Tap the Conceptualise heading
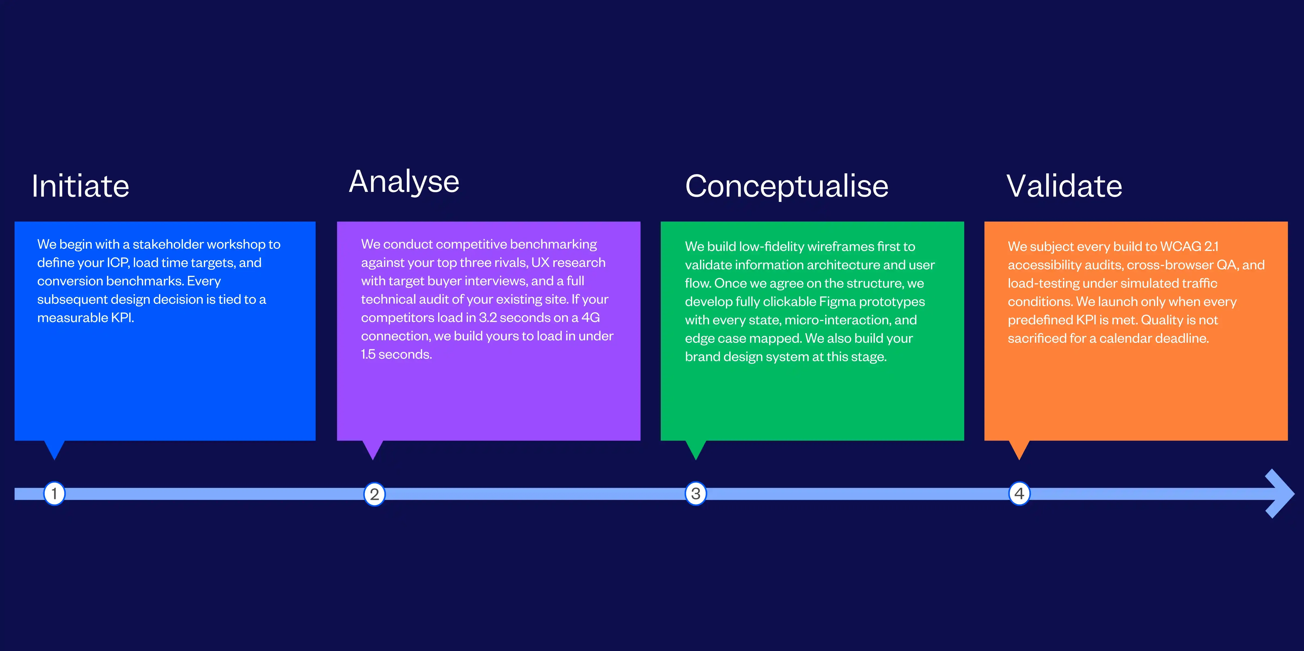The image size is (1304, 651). [x=786, y=186]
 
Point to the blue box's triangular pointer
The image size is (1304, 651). [x=54, y=448]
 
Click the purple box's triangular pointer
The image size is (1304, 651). [x=372, y=448]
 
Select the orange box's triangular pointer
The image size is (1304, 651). [x=1019, y=448]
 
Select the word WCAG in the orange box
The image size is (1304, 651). [x=1180, y=246]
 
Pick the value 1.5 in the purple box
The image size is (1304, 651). [x=368, y=354]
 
